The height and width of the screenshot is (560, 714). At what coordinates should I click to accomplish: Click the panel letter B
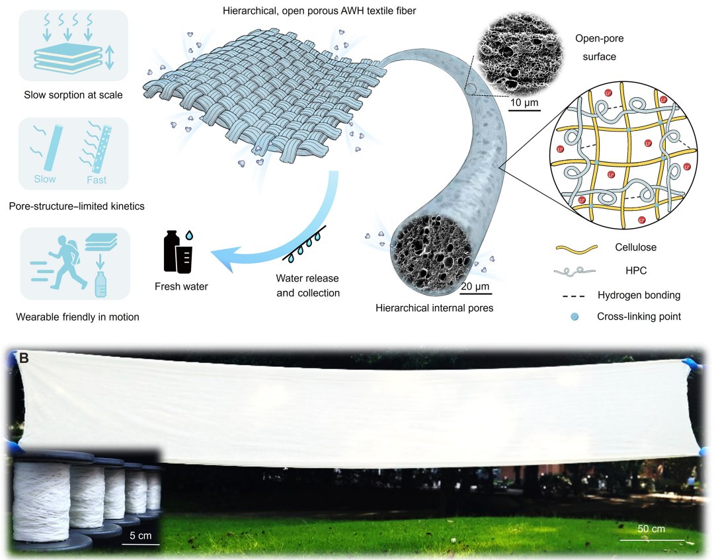pos(24,358)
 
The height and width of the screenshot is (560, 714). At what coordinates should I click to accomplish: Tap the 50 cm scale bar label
pos(651,528)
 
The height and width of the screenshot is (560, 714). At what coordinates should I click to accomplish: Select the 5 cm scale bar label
pos(140,536)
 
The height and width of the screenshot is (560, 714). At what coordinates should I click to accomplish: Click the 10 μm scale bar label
pos(524,102)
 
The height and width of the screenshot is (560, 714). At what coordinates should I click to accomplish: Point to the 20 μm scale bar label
pos(475,286)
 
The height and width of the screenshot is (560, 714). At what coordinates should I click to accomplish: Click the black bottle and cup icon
pos(178,252)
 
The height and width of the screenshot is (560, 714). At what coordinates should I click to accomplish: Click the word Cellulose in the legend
pos(636,247)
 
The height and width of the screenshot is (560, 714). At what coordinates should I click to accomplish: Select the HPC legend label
pos(636,270)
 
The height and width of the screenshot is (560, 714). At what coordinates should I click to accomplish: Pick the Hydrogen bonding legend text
pos(639,295)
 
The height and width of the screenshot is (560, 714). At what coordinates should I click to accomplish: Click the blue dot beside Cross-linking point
pos(575,317)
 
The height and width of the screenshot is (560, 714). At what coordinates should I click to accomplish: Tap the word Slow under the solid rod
pos(45,179)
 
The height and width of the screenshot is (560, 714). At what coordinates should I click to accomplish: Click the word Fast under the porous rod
pos(97,180)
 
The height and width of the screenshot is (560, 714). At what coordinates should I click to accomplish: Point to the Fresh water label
pos(181,286)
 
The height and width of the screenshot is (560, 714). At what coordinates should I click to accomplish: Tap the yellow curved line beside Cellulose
pos(576,249)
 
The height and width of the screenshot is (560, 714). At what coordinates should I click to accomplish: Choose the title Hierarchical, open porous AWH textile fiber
pos(319,11)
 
